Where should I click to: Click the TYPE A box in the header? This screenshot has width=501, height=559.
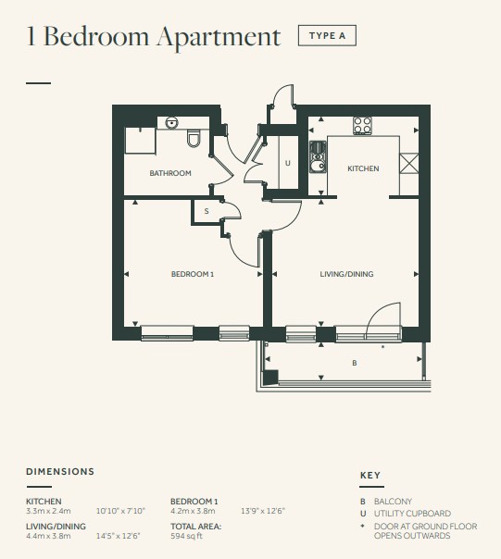pyautogui.click(x=327, y=35)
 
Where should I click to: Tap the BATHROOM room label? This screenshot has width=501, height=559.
pyautogui.click(x=170, y=173)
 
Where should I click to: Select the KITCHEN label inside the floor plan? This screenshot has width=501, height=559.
pyautogui.click(x=363, y=168)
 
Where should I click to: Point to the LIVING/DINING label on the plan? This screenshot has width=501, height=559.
pyautogui.click(x=346, y=274)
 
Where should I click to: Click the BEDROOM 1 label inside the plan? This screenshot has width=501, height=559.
pyautogui.click(x=193, y=274)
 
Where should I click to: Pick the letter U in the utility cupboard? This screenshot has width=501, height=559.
pyautogui.click(x=288, y=163)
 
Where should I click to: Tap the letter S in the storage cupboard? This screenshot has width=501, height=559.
pyautogui.click(x=207, y=211)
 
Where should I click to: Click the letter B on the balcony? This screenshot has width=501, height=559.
pyautogui.click(x=355, y=363)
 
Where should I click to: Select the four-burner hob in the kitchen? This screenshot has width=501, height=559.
pyautogui.click(x=362, y=126)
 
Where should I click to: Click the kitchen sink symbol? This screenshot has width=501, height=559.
pyautogui.click(x=318, y=157)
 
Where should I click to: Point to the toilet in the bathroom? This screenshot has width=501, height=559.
pyautogui.click(x=194, y=138)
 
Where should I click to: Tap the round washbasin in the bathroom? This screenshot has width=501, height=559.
pyautogui.click(x=171, y=123)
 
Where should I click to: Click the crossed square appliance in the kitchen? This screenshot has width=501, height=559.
pyautogui.click(x=408, y=163)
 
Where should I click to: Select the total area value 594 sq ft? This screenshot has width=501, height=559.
pyautogui.click(x=186, y=536)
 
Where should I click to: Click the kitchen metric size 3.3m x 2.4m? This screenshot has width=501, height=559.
pyautogui.click(x=48, y=511)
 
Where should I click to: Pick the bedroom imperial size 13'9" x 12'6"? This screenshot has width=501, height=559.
pyautogui.click(x=263, y=511)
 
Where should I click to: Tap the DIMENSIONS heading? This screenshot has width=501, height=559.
pyautogui.click(x=60, y=471)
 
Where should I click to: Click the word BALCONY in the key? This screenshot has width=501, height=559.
pyautogui.click(x=393, y=502)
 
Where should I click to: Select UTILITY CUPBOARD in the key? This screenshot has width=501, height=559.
pyautogui.click(x=412, y=514)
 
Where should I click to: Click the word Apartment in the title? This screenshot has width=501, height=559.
pyautogui.click(x=219, y=36)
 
